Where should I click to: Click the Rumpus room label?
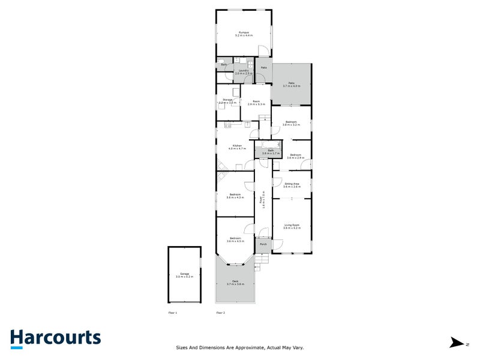[244, 34]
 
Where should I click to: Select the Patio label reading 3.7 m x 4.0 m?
[291, 84]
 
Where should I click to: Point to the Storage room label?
[227, 101]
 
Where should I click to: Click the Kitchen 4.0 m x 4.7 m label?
[238, 148]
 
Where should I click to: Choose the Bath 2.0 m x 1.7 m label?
[271, 152]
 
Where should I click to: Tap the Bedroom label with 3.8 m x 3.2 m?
[291, 123]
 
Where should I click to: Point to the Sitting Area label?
[292, 185]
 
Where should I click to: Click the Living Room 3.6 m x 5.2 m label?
[292, 227]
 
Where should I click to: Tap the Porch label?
[263, 244]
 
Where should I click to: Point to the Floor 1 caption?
[173, 313]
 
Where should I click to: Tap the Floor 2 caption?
[220, 313]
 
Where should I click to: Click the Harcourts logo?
[55, 339]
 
